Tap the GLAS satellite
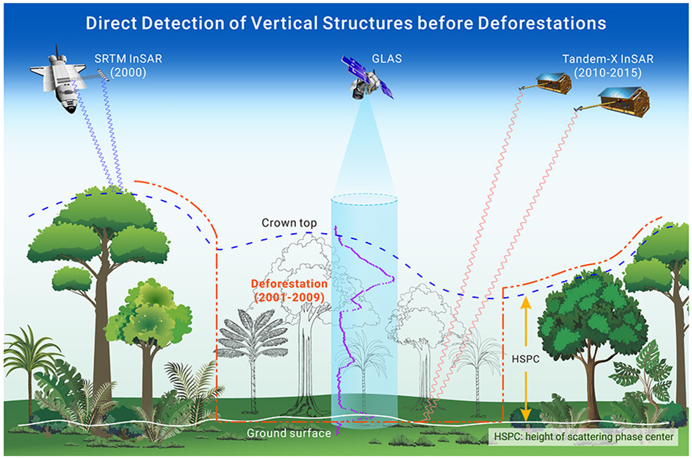pos(367,77)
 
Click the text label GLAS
pos(387,59)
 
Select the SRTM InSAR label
pos(128,59)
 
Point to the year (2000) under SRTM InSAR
pos(128,72)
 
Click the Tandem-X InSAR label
pos(608,59)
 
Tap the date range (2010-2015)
pos(608,72)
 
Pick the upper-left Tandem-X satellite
pos(547,83)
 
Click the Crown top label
pos(289,223)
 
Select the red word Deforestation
pos(289,284)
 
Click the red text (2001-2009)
pos(289,297)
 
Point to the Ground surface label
pos(289,433)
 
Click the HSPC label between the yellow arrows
pos(526,359)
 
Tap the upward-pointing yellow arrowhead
pos(526,302)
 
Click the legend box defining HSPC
pos(583,437)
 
